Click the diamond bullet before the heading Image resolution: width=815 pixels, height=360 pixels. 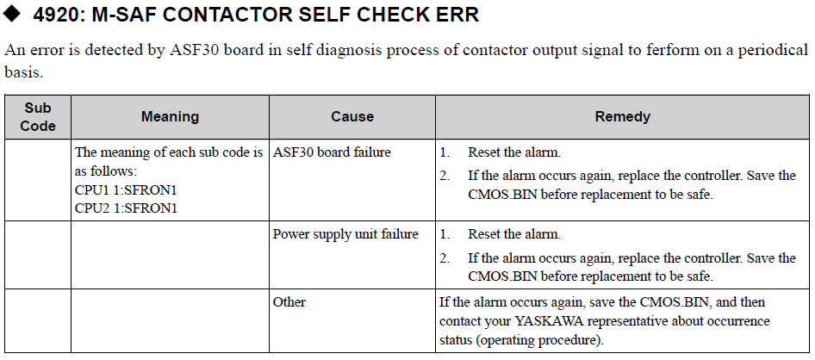coord(11,14)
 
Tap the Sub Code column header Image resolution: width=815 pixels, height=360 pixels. coord(38,117)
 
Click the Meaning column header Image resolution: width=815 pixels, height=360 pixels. coord(170,116)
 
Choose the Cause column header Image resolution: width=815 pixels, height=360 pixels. coord(352,116)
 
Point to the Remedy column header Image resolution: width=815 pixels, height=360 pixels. coord(623,116)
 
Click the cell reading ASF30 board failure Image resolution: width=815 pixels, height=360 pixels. coord(332,152)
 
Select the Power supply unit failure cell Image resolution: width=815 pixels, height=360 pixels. coord(345,234)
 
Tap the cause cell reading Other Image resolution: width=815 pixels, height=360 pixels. coord(289,301)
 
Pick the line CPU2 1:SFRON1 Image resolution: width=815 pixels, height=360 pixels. coord(126,208)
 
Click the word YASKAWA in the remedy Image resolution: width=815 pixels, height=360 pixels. coord(550,321)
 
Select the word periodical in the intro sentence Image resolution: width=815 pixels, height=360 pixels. coord(776,51)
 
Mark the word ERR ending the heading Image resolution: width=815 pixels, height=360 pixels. coord(459,15)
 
